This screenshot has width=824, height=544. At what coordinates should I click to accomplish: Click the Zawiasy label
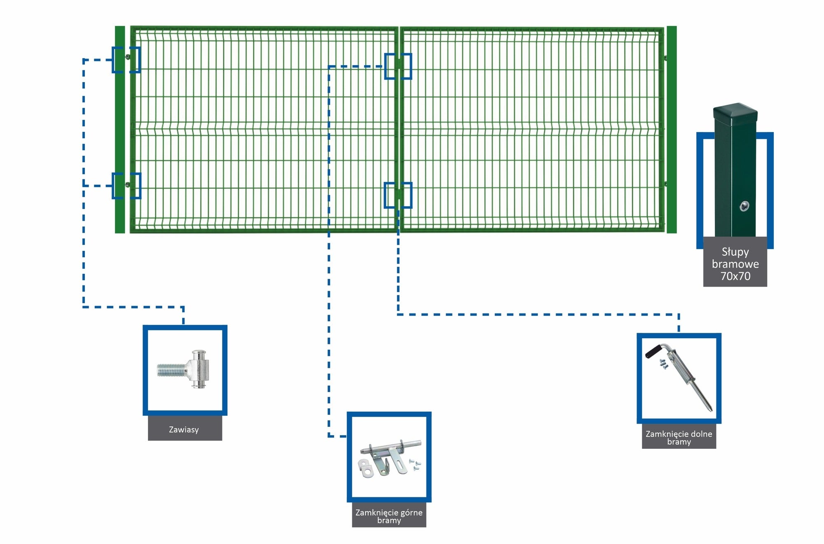[x=184, y=429]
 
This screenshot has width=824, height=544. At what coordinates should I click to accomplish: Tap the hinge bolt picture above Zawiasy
[x=185, y=370]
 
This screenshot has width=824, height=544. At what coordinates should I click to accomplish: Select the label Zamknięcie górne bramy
[x=389, y=516]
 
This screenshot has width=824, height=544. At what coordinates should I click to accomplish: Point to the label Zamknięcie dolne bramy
[x=679, y=438]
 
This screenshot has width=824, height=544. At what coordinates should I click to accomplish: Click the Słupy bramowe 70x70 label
[x=735, y=264]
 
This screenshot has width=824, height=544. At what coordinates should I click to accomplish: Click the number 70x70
[x=735, y=276]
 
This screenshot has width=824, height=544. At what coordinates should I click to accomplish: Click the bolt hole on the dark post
[x=744, y=206]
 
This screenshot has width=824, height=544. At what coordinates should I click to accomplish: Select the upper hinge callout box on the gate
[x=126, y=60]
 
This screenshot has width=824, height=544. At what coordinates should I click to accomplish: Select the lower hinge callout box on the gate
[x=126, y=186]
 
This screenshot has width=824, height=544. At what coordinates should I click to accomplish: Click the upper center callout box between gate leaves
[x=398, y=66]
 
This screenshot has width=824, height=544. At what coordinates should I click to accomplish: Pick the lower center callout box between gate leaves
[x=398, y=195]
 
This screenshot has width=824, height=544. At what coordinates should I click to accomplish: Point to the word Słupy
[x=735, y=252]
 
